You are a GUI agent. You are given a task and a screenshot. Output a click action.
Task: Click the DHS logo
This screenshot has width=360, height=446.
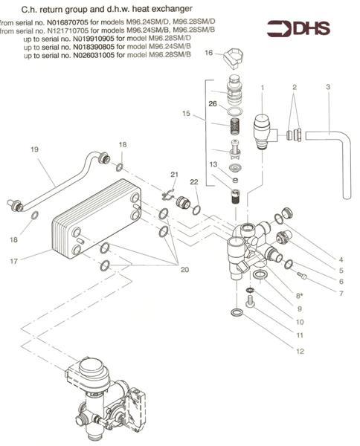[298, 29]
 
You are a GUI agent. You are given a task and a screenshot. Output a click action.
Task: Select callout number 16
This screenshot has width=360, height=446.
[208, 53]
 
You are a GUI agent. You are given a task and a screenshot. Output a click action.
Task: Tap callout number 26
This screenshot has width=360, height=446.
[213, 104]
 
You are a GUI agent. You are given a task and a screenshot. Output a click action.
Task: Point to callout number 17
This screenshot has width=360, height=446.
[14, 261]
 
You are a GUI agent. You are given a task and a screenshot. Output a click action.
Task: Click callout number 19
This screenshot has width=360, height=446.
[34, 149]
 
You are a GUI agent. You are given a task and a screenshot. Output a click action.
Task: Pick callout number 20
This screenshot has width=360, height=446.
[184, 269]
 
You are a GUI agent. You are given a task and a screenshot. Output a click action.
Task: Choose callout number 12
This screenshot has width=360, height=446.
[300, 352]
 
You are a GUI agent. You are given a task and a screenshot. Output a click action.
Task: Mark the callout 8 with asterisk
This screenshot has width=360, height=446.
[299, 296]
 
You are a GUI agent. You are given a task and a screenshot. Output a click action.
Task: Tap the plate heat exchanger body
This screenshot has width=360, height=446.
[96, 218]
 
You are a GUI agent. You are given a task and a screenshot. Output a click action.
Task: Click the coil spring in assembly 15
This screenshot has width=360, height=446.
[235, 126]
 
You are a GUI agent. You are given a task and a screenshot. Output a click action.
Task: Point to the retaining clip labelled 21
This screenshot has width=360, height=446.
[168, 194]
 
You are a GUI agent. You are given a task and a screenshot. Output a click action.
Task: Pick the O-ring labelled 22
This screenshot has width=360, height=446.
[196, 210]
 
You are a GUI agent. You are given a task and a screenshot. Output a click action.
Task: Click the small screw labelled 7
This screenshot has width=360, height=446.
[302, 275]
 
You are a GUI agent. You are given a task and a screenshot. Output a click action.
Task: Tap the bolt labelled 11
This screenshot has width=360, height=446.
[250, 301]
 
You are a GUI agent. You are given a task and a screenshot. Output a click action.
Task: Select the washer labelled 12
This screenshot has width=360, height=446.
[237, 312]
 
